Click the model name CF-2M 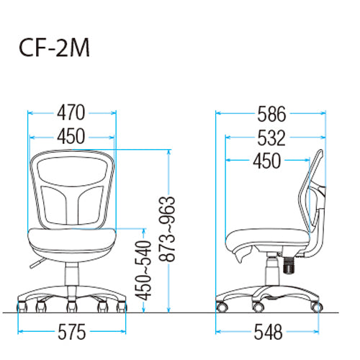point(54,48)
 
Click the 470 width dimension point(71,112)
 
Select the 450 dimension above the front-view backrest point(71,136)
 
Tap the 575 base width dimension point(72,332)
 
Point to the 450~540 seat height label point(143,271)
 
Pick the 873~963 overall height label point(167,229)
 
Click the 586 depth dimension point(271,114)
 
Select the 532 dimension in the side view point(271,138)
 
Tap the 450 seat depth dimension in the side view point(267,161)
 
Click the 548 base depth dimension point(268,332)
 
